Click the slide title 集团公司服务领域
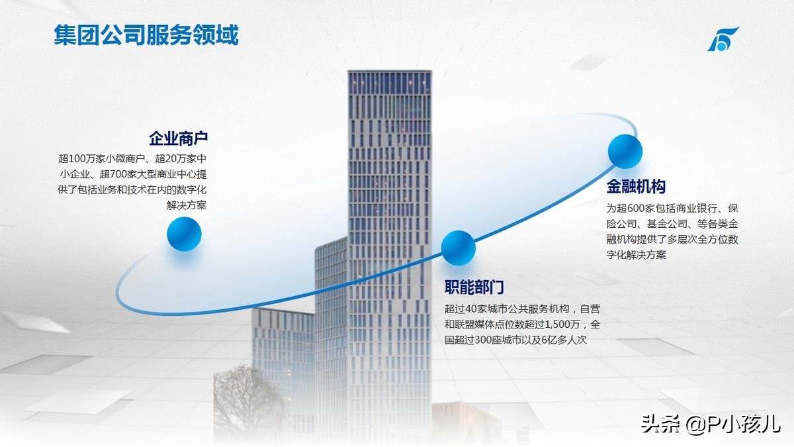[146, 34]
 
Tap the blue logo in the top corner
[723, 39]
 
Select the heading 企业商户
[178, 138]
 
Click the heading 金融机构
[636, 186]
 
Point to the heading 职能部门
[474, 287]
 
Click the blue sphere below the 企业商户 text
[185, 234]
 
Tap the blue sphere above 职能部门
[459, 248]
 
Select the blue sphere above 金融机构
[625, 152]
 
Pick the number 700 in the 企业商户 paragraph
[120, 174]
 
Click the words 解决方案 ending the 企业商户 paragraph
[187, 205]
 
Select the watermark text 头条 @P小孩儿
[711, 424]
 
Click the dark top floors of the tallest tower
[390, 82]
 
